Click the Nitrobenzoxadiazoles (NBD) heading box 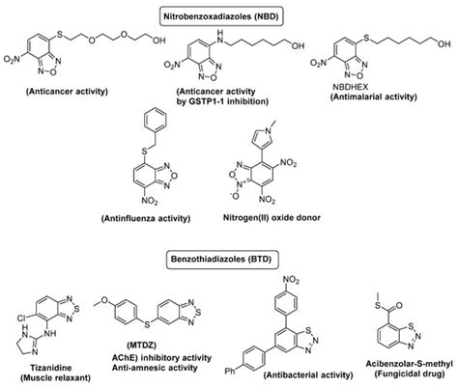pos(229,12)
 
